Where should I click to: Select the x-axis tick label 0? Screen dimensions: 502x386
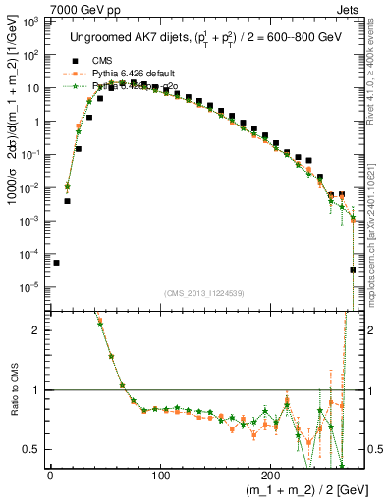pos(50,477)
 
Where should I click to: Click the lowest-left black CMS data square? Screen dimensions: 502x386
pos(56,263)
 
